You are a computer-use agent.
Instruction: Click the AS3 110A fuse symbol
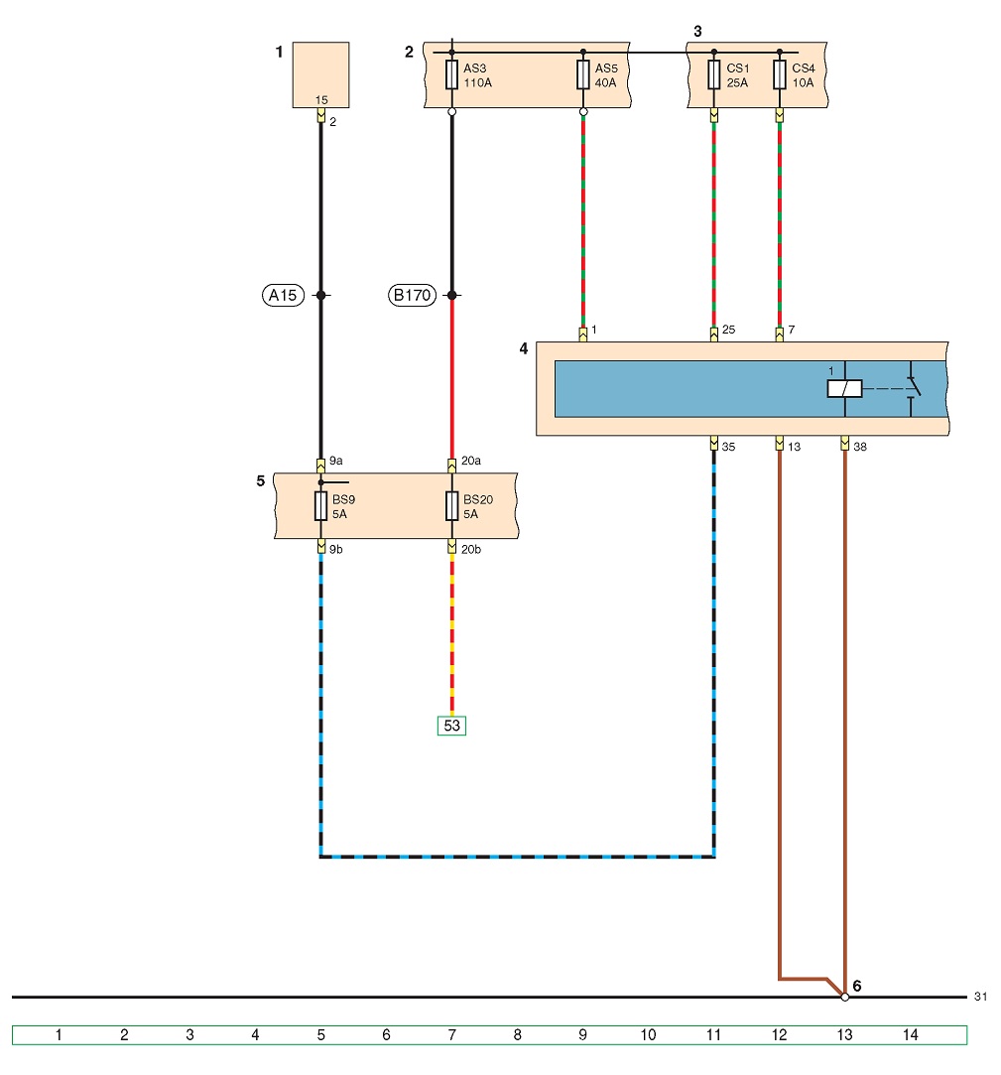click(451, 74)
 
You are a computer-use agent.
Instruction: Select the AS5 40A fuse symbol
click(583, 74)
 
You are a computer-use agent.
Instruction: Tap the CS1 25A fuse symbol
click(714, 74)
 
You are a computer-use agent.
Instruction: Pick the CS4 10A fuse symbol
click(780, 74)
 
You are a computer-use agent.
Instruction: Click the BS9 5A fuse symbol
click(320, 506)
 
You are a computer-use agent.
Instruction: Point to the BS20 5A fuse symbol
click(451, 506)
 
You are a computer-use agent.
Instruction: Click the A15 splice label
click(283, 296)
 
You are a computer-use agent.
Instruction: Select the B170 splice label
click(412, 296)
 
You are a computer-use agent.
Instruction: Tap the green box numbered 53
click(451, 726)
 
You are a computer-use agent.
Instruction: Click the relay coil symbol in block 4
click(845, 389)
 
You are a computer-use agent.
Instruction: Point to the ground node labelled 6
click(845, 997)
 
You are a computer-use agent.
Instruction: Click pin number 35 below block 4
click(728, 447)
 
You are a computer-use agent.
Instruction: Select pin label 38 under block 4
click(860, 447)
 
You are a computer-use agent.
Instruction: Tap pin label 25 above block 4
click(728, 330)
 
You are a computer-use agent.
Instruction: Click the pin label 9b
click(335, 549)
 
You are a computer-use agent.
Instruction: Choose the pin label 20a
click(470, 461)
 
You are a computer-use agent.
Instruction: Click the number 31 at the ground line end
click(980, 997)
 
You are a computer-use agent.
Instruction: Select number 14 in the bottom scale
click(910, 1034)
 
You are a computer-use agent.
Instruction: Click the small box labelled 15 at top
click(320, 74)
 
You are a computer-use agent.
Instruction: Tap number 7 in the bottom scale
click(451, 1034)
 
